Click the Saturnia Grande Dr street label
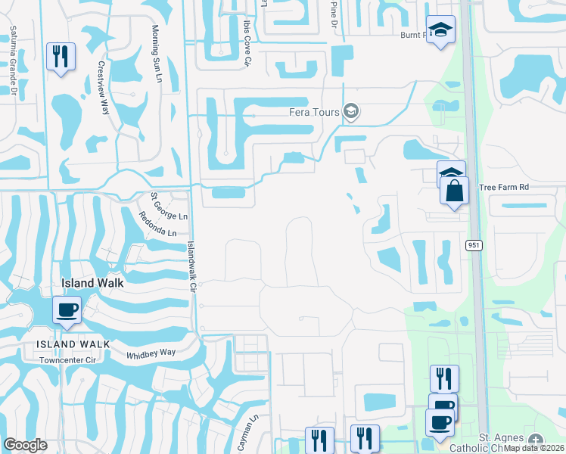(x=13, y=60)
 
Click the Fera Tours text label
(x=313, y=112)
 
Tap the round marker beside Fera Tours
(x=350, y=112)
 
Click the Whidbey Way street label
(x=151, y=353)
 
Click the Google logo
(x=26, y=445)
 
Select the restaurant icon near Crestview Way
(x=60, y=55)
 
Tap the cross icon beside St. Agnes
(x=536, y=440)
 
